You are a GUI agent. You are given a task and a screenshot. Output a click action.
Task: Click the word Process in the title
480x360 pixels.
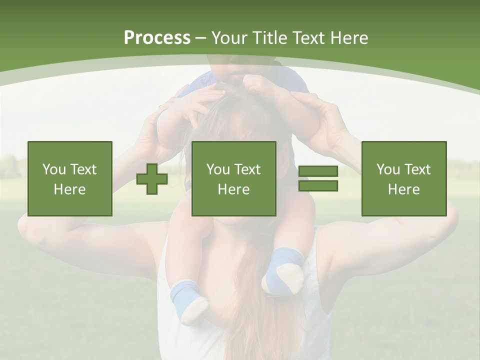[157, 38]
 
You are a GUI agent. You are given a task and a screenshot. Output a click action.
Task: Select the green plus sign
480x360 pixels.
[152, 179]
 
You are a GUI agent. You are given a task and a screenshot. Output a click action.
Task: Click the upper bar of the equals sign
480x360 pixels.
[318, 171]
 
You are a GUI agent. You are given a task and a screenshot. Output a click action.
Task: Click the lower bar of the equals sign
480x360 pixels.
[318, 186]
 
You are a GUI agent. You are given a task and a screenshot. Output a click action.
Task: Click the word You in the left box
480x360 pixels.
[53, 169]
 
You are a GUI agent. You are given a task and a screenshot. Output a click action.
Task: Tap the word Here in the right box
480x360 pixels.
[404, 189]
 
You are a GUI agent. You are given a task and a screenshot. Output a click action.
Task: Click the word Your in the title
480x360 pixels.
[231, 38]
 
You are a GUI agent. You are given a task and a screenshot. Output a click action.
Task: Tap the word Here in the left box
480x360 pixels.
[70, 189]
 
